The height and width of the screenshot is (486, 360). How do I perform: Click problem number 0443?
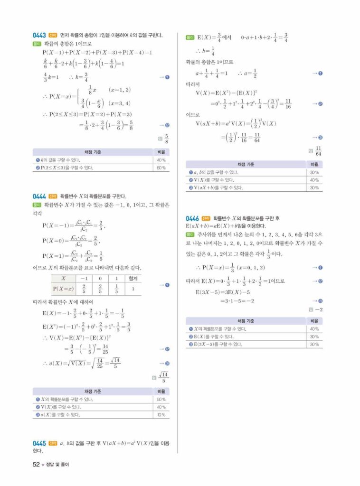click(39, 35)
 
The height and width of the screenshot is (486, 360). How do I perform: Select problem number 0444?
click(39, 196)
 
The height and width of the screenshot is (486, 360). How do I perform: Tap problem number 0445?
click(39, 443)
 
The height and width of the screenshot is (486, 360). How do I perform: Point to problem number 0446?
click(192, 218)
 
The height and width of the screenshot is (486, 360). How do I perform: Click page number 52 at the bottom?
click(36, 465)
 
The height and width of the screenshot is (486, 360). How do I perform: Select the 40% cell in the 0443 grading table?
click(161, 160)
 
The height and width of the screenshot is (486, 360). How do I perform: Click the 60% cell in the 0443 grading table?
click(161, 168)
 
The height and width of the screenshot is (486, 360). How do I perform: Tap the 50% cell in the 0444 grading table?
click(161, 399)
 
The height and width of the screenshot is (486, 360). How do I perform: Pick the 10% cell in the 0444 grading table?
click(161, 414)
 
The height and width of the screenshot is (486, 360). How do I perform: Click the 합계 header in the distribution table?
click(133, 279)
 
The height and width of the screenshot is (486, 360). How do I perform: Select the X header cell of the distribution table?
click(63, 279)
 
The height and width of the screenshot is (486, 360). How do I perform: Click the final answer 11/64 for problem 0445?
click(318, 151)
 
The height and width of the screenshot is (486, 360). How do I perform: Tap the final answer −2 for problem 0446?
click(318, 309)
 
